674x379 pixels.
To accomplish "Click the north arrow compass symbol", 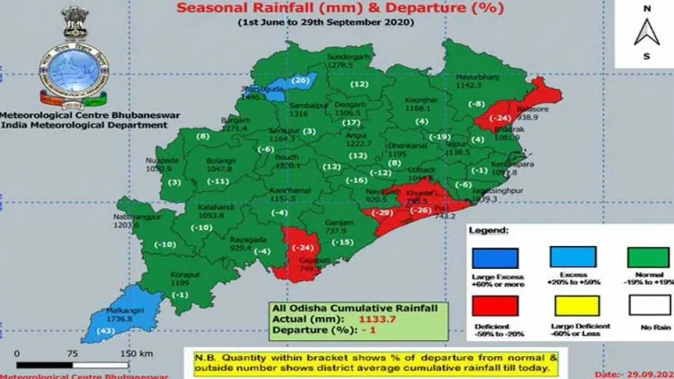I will click(646, 33).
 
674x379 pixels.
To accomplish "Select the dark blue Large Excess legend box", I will click(495, 259).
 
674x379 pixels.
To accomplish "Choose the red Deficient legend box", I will click(495, 305).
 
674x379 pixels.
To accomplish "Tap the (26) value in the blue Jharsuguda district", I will click(300, 81).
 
